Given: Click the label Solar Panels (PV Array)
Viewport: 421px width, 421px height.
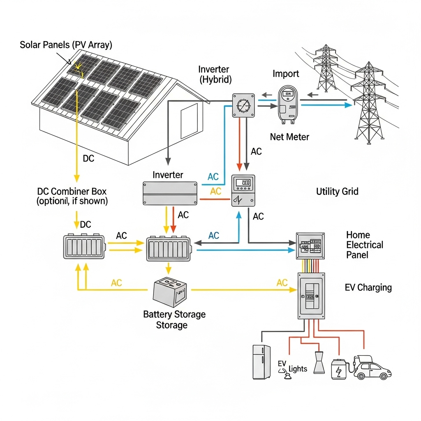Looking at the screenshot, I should [x=66, y=45].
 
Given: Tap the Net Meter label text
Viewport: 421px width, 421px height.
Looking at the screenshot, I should [x=289, y=137].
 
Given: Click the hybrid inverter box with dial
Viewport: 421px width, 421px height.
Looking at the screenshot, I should [x=244, y=105].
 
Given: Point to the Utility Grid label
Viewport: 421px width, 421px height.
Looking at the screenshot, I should [x=337, y=192].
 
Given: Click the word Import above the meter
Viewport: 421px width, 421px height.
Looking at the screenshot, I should [x=286, y=74].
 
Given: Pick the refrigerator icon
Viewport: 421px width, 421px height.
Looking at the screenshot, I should [x=261, y=362].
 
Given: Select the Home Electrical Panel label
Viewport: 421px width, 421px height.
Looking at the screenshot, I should [x=364, y=245].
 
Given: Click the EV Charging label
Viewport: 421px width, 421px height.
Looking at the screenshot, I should [x=368, y=287].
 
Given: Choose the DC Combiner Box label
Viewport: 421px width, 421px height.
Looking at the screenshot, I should [x=72, y=196].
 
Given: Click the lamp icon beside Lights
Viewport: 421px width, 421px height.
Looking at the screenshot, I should [x=319, y=362].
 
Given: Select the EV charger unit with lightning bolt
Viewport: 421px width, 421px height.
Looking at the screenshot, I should [x=339, y=369].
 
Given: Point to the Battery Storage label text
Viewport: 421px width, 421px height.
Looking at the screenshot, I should [x=174, y=319].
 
